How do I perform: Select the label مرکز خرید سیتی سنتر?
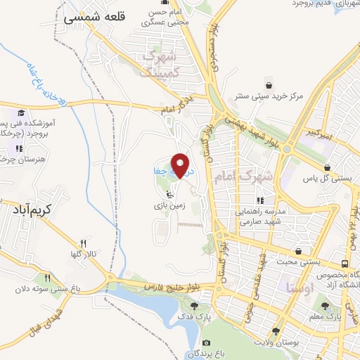(x=269, y=96)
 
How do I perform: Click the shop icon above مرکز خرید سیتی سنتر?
(x=267, y=84)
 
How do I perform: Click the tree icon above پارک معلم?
(x=325, y=306)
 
